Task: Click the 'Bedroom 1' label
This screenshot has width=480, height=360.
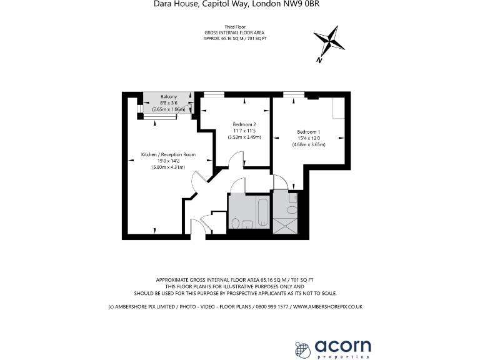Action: click(x=309, y=132)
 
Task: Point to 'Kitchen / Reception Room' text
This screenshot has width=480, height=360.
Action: click(x=168, y=154)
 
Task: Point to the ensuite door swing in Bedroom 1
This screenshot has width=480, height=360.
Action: click(x=281, y=182)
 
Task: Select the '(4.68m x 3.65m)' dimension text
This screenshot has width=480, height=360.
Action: click(x=309, y=145)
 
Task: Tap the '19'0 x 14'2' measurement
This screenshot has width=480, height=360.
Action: click(x=168, y=161)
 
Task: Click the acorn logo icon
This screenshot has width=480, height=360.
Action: click(x=303, y=348)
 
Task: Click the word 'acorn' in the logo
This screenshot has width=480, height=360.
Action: click(x=343, y=344)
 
